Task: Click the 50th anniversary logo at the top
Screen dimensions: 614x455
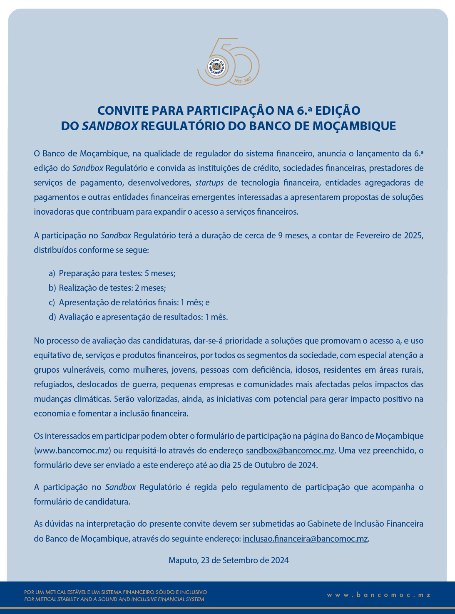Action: click(228, 62)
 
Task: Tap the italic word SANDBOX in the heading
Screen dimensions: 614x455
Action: click(110, 126)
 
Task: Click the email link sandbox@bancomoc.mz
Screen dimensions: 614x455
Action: click(290, 451)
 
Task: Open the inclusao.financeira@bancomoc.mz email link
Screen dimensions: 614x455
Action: click(305, 539)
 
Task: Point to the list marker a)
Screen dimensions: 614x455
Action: click(52, 273)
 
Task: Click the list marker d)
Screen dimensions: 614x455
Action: click(52, 317)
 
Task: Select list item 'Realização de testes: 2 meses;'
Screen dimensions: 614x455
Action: click(112, 288)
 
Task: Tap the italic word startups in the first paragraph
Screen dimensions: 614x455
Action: click(209, 183)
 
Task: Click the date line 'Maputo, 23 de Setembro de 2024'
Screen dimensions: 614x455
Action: click(229, 560)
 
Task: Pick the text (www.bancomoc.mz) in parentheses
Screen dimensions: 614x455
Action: click(72, 451)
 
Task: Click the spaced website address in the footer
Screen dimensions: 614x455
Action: click(378, 595)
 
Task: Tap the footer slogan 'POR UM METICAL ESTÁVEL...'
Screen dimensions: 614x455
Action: click(116, 592)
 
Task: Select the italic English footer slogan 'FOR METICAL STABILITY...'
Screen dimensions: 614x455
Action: click(114, 599)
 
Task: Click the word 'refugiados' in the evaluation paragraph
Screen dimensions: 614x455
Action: click(53, 384)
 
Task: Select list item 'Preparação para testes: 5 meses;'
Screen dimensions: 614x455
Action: click(117, 273)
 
